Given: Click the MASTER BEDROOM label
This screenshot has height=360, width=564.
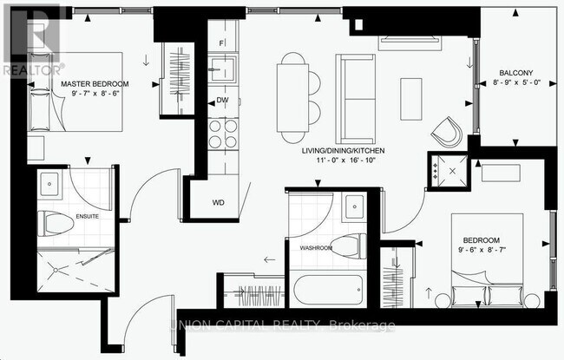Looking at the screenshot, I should (95, 83).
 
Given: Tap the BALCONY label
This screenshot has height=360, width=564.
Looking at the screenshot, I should (515, 73).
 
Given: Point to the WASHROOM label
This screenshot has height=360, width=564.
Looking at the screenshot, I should (316, 247).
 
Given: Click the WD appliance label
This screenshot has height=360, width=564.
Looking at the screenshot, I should (219, 203).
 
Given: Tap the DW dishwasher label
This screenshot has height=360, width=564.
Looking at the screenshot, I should (222, 101).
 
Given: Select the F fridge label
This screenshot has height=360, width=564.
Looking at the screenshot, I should (222, 43).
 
